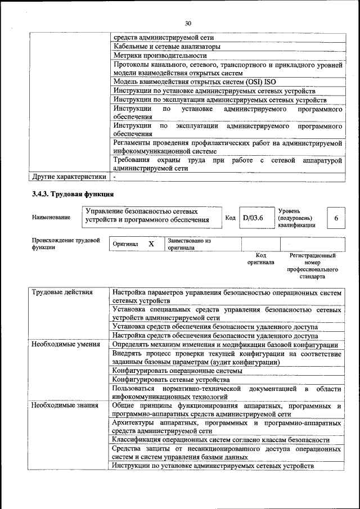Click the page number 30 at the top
point(188,23)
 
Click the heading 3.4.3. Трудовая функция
point(73,195)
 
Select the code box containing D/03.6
point(253,218)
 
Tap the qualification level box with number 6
point(336,218)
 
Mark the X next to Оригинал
point(151,244)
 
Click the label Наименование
point(51,217)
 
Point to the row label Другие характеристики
point(69,177)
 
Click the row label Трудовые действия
point(62,292)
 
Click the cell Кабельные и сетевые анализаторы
point(167,46)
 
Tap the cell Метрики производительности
point(160,56)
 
